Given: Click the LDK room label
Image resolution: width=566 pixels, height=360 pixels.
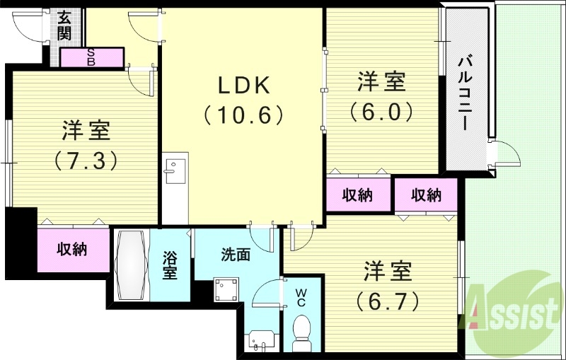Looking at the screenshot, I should [243, 85].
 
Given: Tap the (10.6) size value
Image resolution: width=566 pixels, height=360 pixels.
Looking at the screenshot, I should [243, 114].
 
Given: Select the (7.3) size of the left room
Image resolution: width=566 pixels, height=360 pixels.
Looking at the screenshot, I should [86, 161].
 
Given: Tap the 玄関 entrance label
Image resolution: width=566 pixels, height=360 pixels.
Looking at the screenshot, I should [65, 25].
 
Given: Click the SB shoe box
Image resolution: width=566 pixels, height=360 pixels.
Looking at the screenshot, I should [92, 57].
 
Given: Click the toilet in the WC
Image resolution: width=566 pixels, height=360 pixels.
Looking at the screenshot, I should [302, 330].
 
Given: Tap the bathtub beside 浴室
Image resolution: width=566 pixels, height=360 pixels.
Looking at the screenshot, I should [132, 265].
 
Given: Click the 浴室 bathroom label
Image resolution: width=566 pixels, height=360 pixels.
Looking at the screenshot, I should [170, 266].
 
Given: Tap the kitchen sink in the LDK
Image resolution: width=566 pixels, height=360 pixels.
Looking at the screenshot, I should [174, 170].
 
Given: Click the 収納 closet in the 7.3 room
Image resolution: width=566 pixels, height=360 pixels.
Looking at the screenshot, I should [73, 249].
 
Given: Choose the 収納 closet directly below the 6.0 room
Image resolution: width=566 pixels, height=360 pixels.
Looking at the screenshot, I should [358, 195].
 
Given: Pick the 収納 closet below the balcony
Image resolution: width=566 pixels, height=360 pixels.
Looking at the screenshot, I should [427, 195].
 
